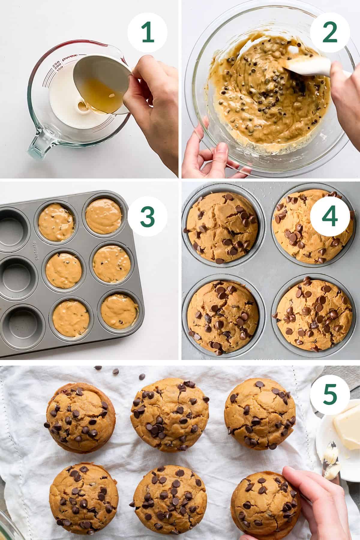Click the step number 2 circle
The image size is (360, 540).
point(328,33)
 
